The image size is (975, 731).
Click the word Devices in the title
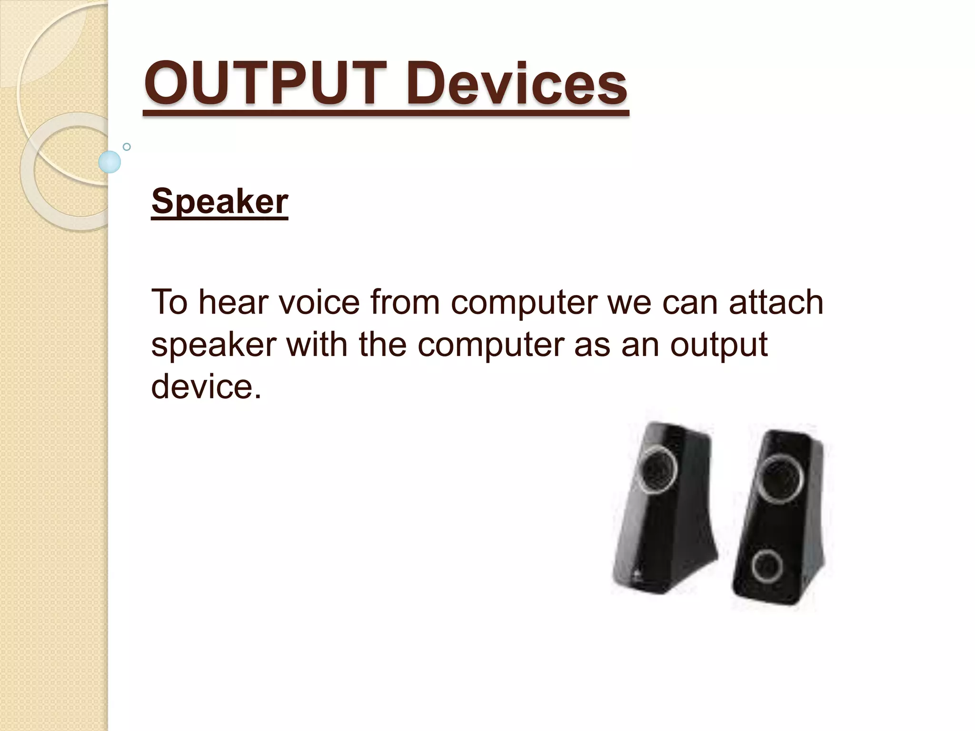point(517,85)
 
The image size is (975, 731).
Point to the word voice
point(318,302)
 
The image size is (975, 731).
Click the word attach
point(776,302)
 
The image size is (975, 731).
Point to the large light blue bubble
point(109,162)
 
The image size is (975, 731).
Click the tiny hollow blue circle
point(127,147)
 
